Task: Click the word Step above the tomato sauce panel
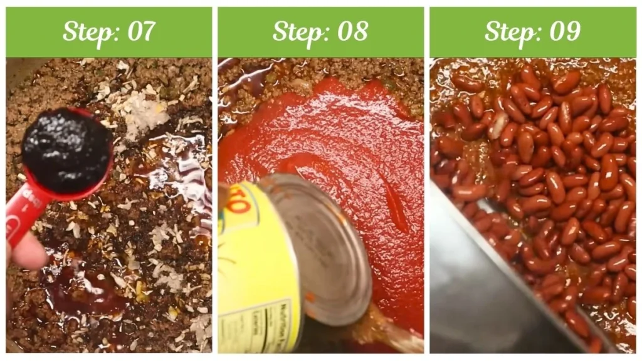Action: pos(297,31)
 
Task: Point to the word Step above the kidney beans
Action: pos(509,31)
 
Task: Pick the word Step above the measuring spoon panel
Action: pos(87,31)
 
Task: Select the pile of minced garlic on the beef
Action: pos(144,116)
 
